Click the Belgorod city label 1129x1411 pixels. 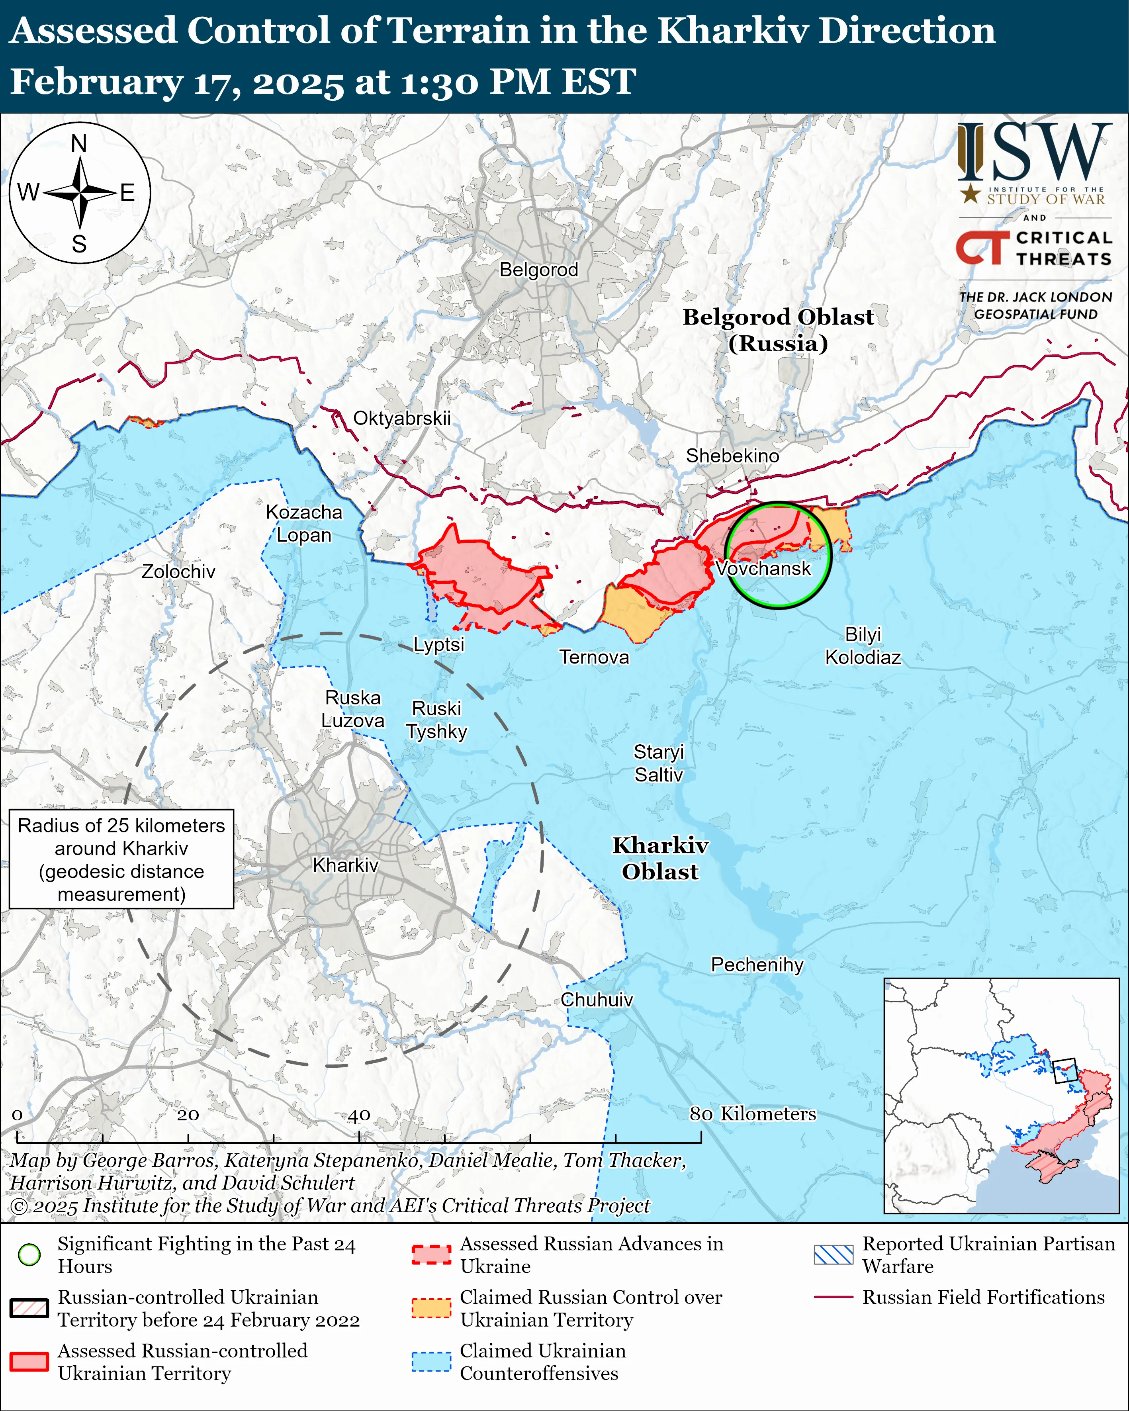(x=539, y=270)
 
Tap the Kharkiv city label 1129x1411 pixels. (x=346, y=865)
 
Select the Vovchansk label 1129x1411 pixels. (x=763, y=568)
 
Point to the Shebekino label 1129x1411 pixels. (x=732, y=456)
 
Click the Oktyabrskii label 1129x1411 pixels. (x=402, y=418)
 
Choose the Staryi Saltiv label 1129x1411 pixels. (x=658, y=763)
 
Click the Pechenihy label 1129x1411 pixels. (x=757, y=965)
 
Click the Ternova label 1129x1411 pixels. (x=594, y=657)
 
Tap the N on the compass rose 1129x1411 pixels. (x=79, y=143)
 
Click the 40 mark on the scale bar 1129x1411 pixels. (x=359, y=1115)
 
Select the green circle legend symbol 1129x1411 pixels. (x=29, y=1254)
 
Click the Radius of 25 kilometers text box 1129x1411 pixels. (x=122, y=859)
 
